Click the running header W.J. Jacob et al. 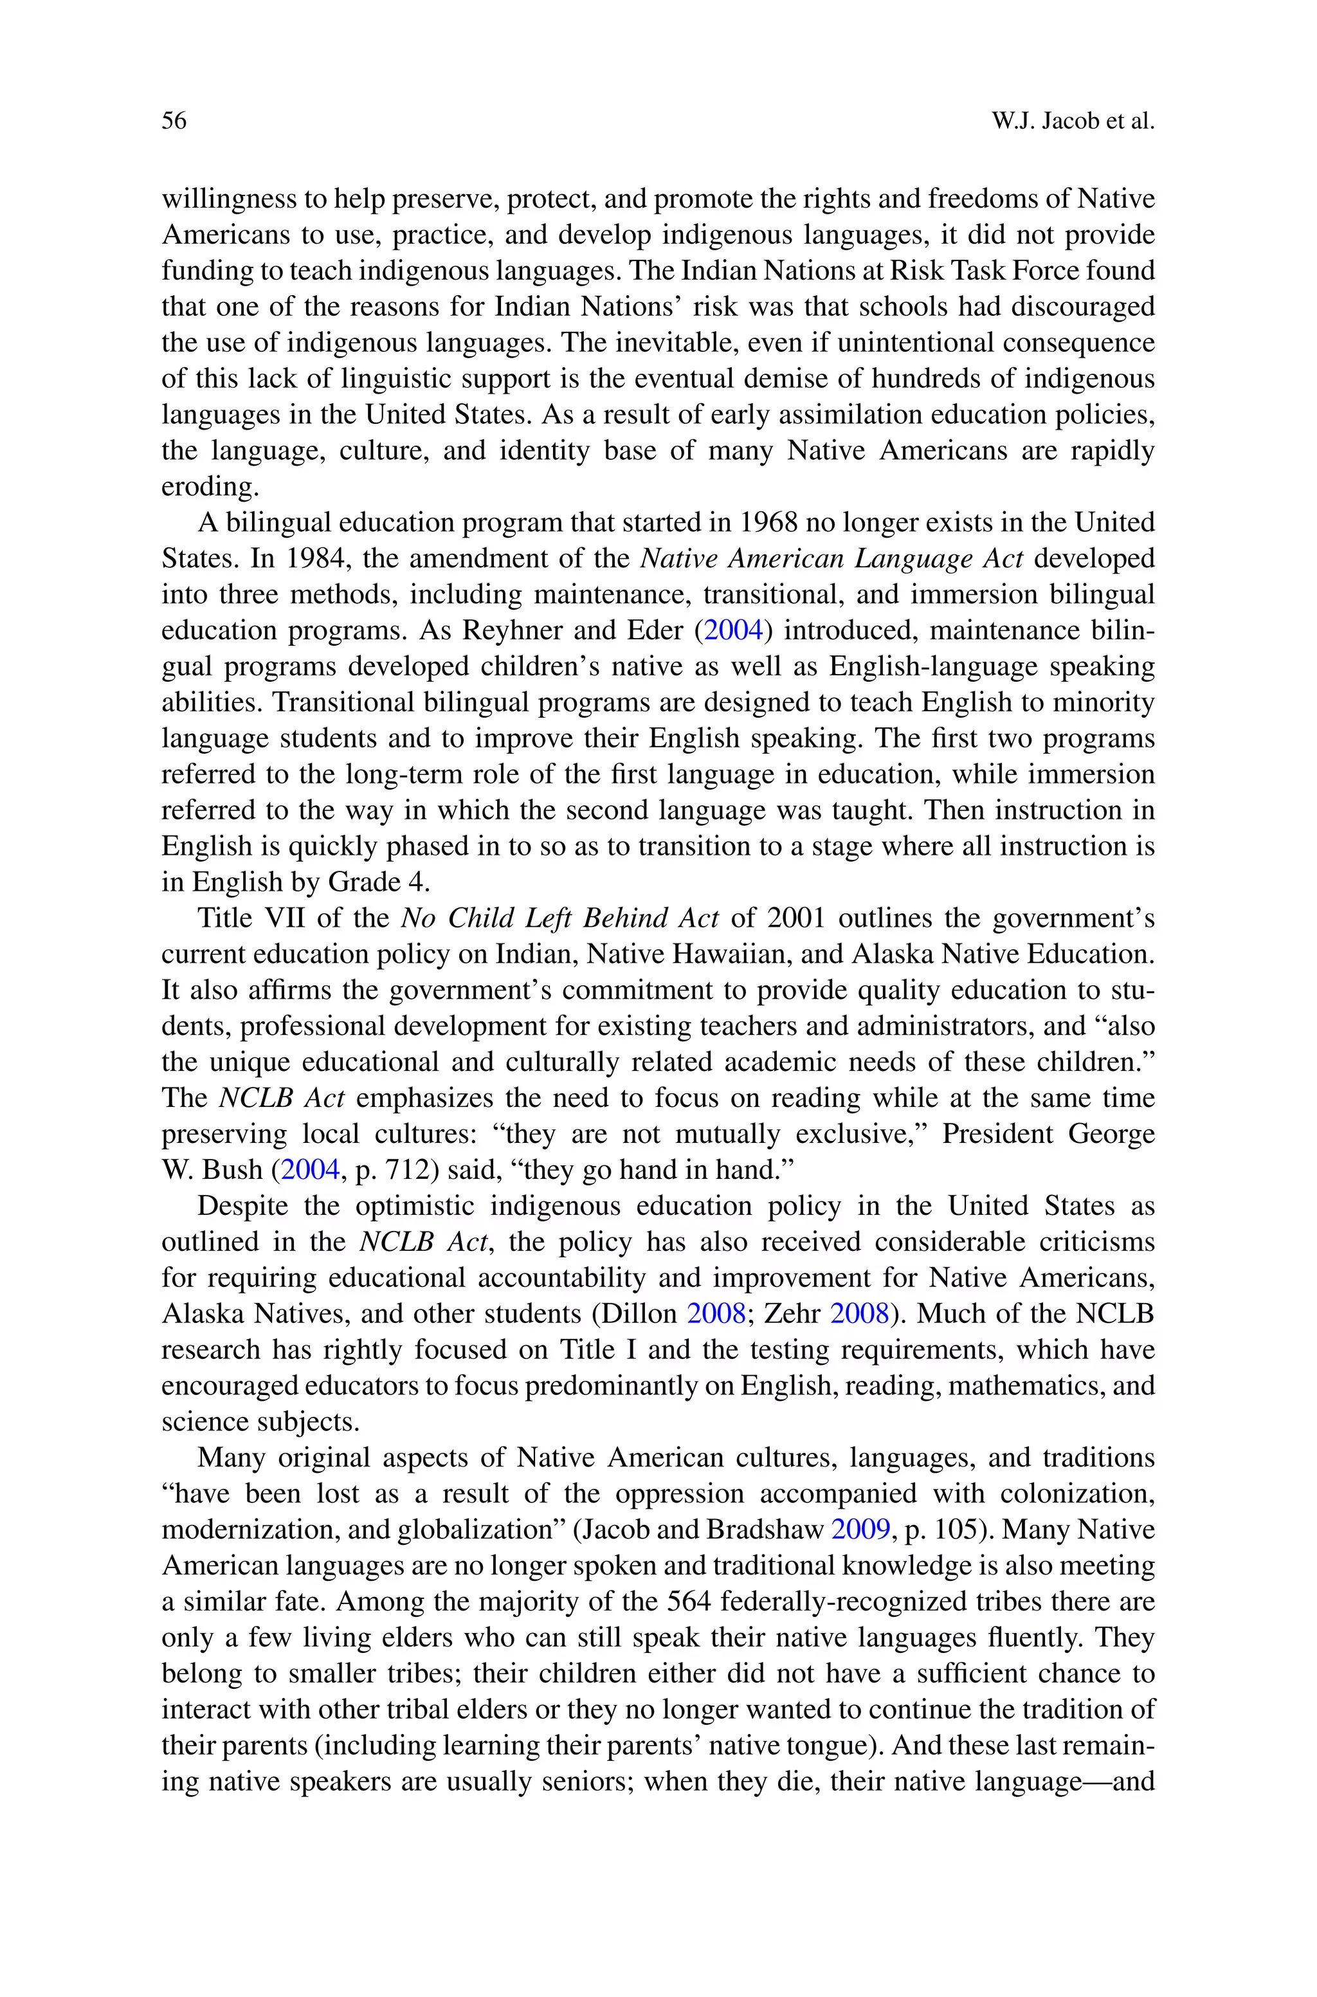pos(1073,121)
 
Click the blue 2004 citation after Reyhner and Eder pos(732,630)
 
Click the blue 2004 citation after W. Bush pos(309,1170)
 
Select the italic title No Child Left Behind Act pos(559,918)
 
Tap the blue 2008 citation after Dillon pos(716,1313)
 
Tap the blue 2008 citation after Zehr pos(859,1313)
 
